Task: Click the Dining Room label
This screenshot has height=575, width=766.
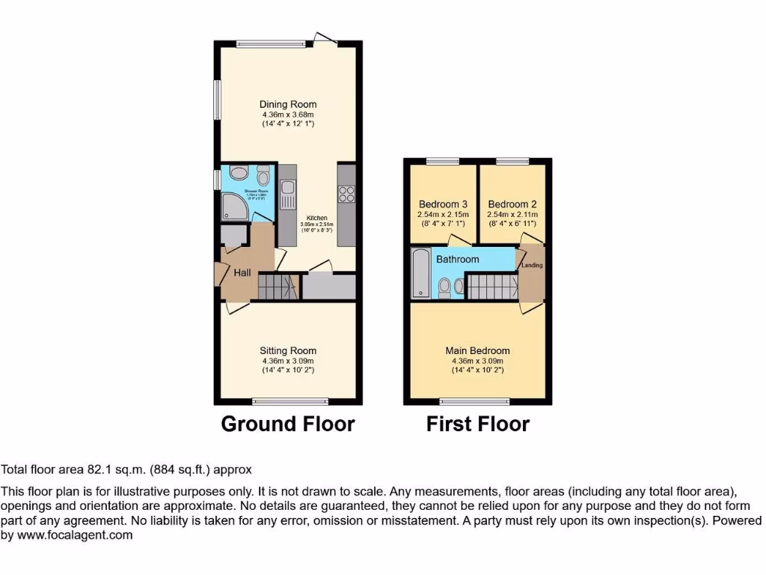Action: (x=288, y=104)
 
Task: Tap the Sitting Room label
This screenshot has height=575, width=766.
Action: (x=288, y=350)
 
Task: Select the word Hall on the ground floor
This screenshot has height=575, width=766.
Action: (x=242, y=273)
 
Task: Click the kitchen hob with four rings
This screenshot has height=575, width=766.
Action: (x=346, y=193)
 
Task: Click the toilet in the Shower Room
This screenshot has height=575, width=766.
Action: (x=263, y=177)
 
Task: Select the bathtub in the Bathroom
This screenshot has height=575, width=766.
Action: (x=420, y=273)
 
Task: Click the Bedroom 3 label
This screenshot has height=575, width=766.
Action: (x=443, y=204)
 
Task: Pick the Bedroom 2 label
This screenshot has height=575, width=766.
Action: (x=512, y=204)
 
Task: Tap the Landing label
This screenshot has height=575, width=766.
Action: (x=532, y=265)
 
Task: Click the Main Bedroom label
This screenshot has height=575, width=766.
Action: (x=477, y=350)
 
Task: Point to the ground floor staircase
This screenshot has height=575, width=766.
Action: (x=275, y=286)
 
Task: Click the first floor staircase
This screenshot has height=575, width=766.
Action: (x=491, y=286)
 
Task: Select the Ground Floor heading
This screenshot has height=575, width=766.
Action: (x=288, y=425)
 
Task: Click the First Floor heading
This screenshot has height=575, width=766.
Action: (x=478, y=425)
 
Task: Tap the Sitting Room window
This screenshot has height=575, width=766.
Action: (x=289, y=401)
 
